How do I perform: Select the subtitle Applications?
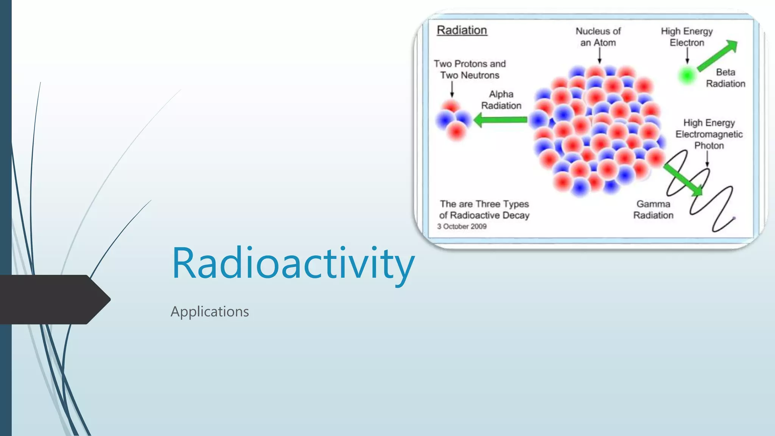coord(210,311)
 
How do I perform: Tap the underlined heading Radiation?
coord(462,30)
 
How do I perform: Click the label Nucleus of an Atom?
coord(598,37)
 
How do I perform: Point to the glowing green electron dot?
coord(686,75)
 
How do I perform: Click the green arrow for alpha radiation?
coord(500,120)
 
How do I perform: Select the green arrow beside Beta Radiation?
coord(717,56)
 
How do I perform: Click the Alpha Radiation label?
coord(501,100)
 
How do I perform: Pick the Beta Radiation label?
coord(725,78)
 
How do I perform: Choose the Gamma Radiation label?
coord(653,210)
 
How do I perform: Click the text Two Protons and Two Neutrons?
coord(470,70)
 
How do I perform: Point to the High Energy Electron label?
coord(686,37)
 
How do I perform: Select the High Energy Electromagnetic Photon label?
coord(709,134)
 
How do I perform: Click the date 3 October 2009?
coord(462,226)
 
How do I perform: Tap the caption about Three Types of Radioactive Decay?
coord(484,210)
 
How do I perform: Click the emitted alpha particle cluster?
coord(453,120)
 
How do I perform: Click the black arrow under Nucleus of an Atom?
coord(599,56)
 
